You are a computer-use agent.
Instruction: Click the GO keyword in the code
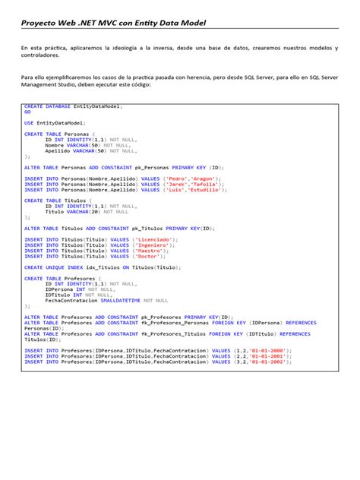pyautogui.click(x=27, y=112)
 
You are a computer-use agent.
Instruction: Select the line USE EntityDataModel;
pyautogui.click(x=55, y=122)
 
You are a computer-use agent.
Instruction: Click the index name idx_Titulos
pyautogui.click(x=100, y=267)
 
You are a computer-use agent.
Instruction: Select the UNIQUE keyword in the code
pyautogui.click(x=55, y=267)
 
